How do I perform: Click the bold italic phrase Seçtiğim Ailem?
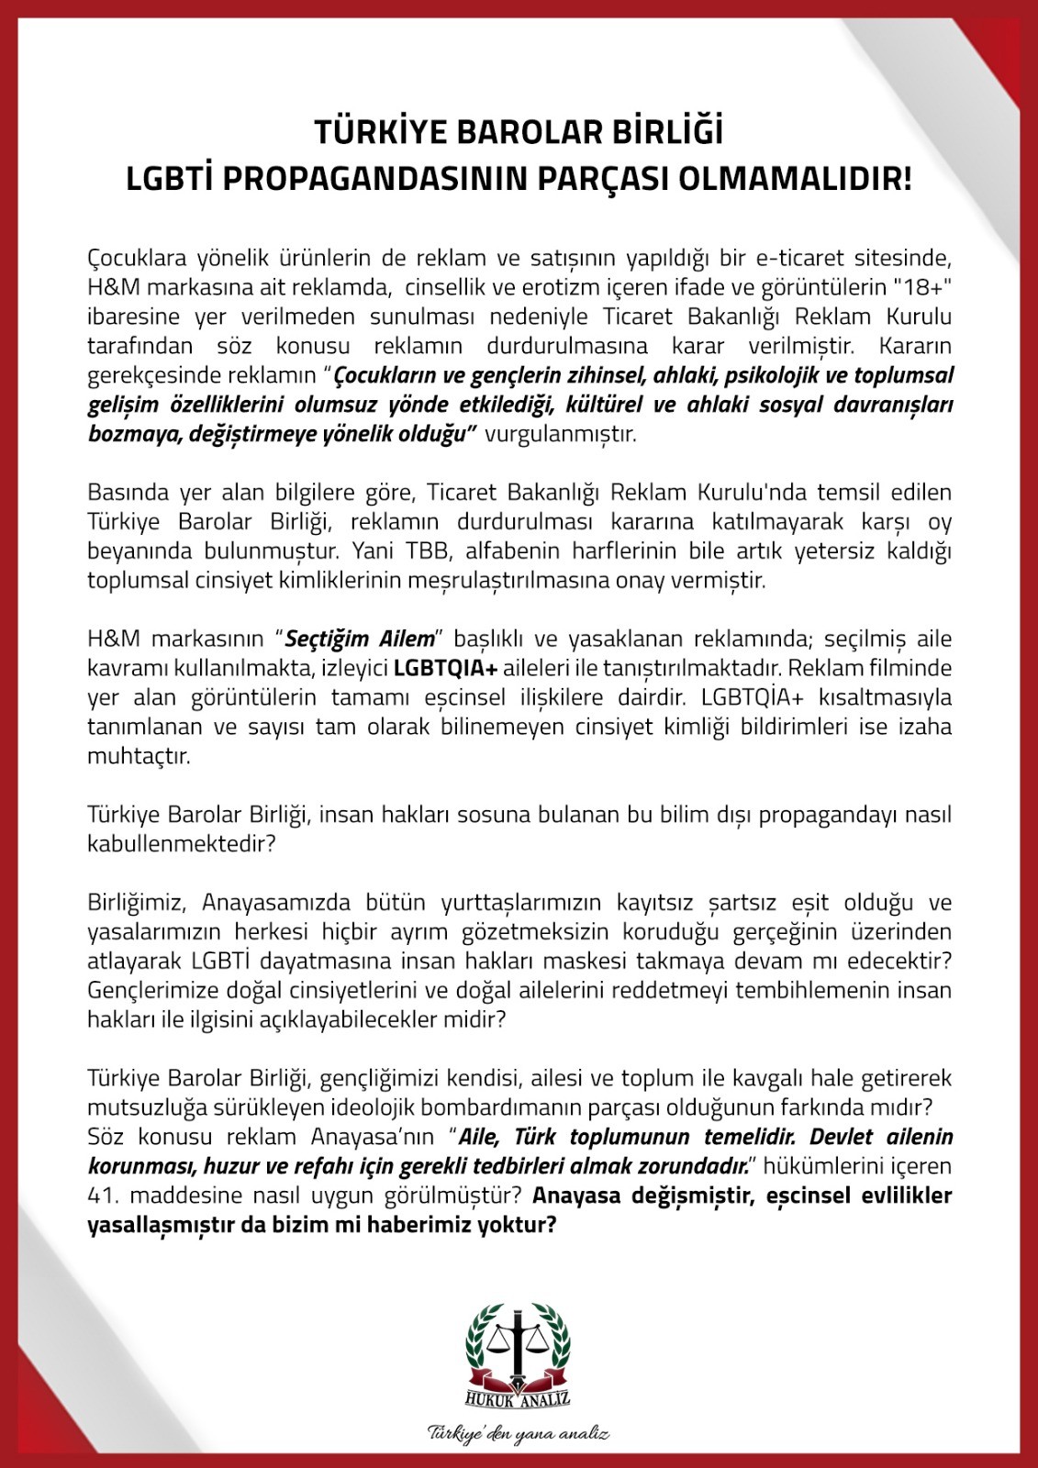click(x=360, y=639)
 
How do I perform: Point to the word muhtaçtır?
click(x=139, y=757)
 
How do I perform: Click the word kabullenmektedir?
click(x=182, y=844)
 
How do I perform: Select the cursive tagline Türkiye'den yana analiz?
click(x=519, y=1434)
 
